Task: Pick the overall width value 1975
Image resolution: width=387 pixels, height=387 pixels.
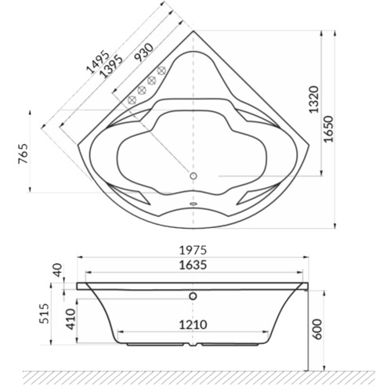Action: point(193,249)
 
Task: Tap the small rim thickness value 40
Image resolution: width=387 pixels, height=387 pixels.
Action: point(55,270)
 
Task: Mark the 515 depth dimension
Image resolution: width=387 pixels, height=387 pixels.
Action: point(42,314)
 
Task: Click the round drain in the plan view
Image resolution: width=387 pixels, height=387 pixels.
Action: point(193,175)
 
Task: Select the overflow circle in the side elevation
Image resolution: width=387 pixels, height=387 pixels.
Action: point(193,297)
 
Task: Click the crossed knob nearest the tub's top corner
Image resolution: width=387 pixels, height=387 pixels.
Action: point(164,73)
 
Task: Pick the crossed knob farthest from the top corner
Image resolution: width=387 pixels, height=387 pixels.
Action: point(132,99)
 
